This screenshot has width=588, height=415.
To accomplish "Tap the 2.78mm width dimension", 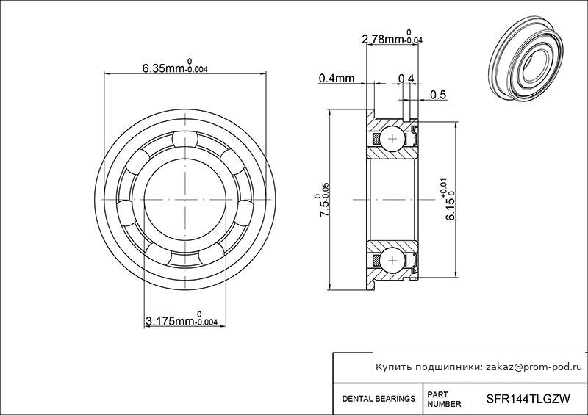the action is [392, 37].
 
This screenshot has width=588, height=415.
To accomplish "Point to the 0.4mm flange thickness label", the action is [337, 78].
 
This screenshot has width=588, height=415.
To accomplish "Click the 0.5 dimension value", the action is [438, 95].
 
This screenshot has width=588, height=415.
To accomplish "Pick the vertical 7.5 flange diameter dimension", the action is [323, 205].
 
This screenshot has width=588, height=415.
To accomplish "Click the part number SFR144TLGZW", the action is [528, 398].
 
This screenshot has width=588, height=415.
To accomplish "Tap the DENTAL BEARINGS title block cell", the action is [379, 399].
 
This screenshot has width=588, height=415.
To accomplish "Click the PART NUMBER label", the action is [444, 400].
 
